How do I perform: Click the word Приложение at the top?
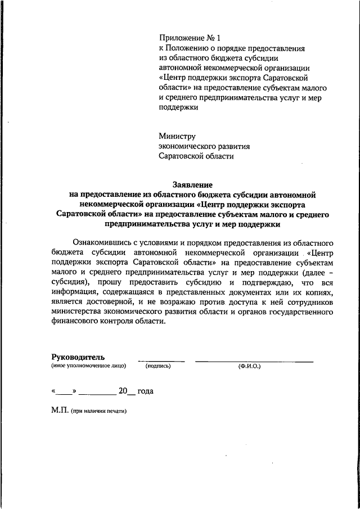(x=179, y=38)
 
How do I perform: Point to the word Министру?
(x=177, y=136)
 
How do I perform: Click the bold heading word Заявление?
(x=191, y=184)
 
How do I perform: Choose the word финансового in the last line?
(x=75, y=322)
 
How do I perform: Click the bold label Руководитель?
(x=78, y=357)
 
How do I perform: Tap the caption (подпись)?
(x=157, y=366)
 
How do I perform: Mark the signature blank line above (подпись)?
(x=161, y=360)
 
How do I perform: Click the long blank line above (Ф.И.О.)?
(x=254, y=360)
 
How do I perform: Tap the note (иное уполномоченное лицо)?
(x=88, y=366)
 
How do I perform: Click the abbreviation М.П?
(x=59, y=411)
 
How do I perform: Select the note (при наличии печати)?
(x=99, y=411)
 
